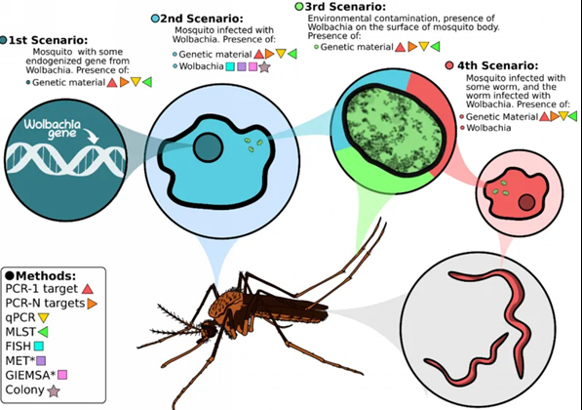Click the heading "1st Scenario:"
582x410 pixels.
click(48, 40)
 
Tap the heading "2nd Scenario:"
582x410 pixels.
click(202, 19)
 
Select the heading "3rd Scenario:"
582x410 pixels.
click(345, 7)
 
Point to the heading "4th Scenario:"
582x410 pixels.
click(498, 65)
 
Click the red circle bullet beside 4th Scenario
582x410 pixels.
click(449, 65)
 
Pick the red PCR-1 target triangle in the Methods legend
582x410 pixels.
click(88, 289)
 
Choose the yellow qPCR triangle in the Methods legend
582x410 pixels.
click(44, 318)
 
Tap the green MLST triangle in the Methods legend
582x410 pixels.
click(43, 332)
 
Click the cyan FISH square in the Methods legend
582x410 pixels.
click(39, 347)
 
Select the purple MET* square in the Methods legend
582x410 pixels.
click(41, 360)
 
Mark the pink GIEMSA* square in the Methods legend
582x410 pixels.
click(62, 375)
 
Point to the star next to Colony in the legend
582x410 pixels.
click(54, 391)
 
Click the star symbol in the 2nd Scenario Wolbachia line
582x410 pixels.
click(264, 67)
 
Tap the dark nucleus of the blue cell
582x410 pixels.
click(208, 147)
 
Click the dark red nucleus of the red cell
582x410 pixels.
click(526, 203)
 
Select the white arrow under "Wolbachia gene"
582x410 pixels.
click(91, 136)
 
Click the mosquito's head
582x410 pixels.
click(208, 329)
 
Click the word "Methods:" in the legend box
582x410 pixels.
click(46, 276)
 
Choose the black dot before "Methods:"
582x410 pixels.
click(10, 276)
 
